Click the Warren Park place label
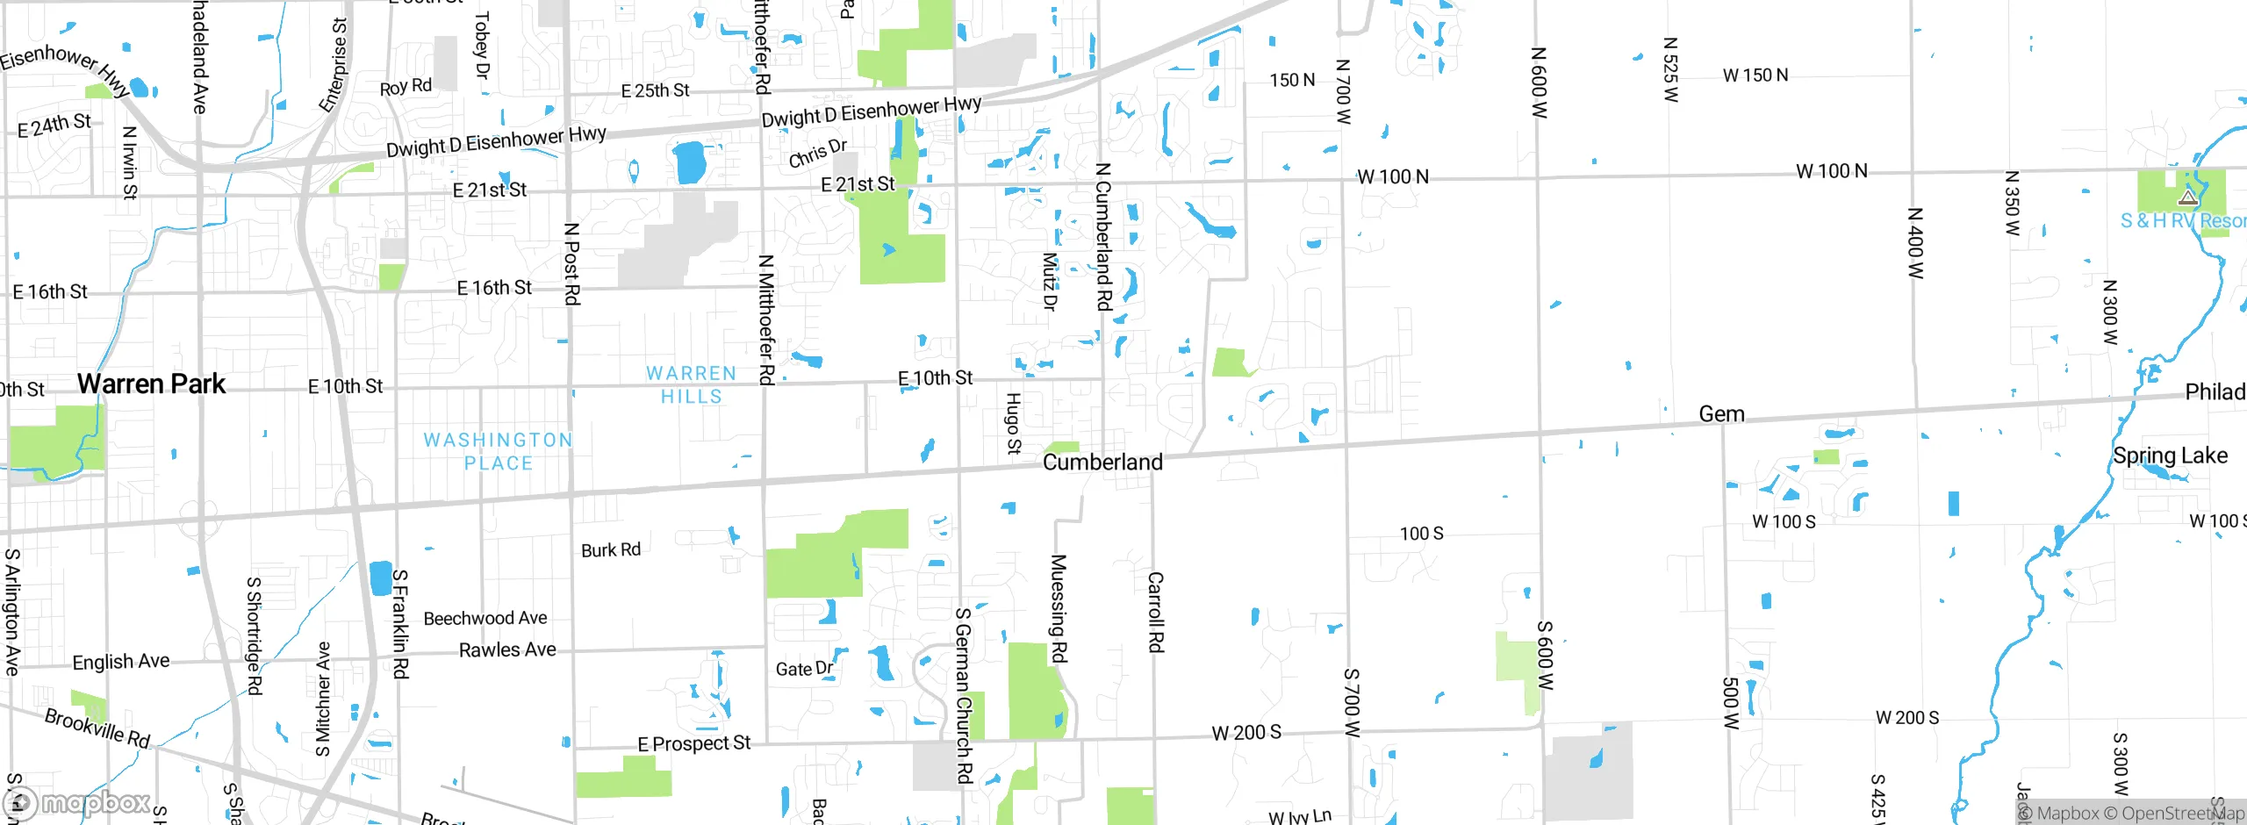tap(151, 384)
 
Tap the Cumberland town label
tap(1102, 462)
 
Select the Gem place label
tap(1721, 413)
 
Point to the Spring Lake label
tap(2170, 456)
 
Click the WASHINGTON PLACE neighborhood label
tap(498, 451)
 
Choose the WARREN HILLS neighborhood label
tap(691, 384)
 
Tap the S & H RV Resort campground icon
tap(2187, 197)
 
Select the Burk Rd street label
tap(611, 550)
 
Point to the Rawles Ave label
tap(507, 649)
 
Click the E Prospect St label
tap(693, 743)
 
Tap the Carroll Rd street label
tap(1155, 612)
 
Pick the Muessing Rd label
tap(1059, 608)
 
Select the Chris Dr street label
tap(817, 153)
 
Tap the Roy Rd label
tap(406, 87)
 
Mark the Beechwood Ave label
tap(485, 619)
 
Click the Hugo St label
tap(1013, 423)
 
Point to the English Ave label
tap(121, 661)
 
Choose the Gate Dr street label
tap(804, 669)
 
